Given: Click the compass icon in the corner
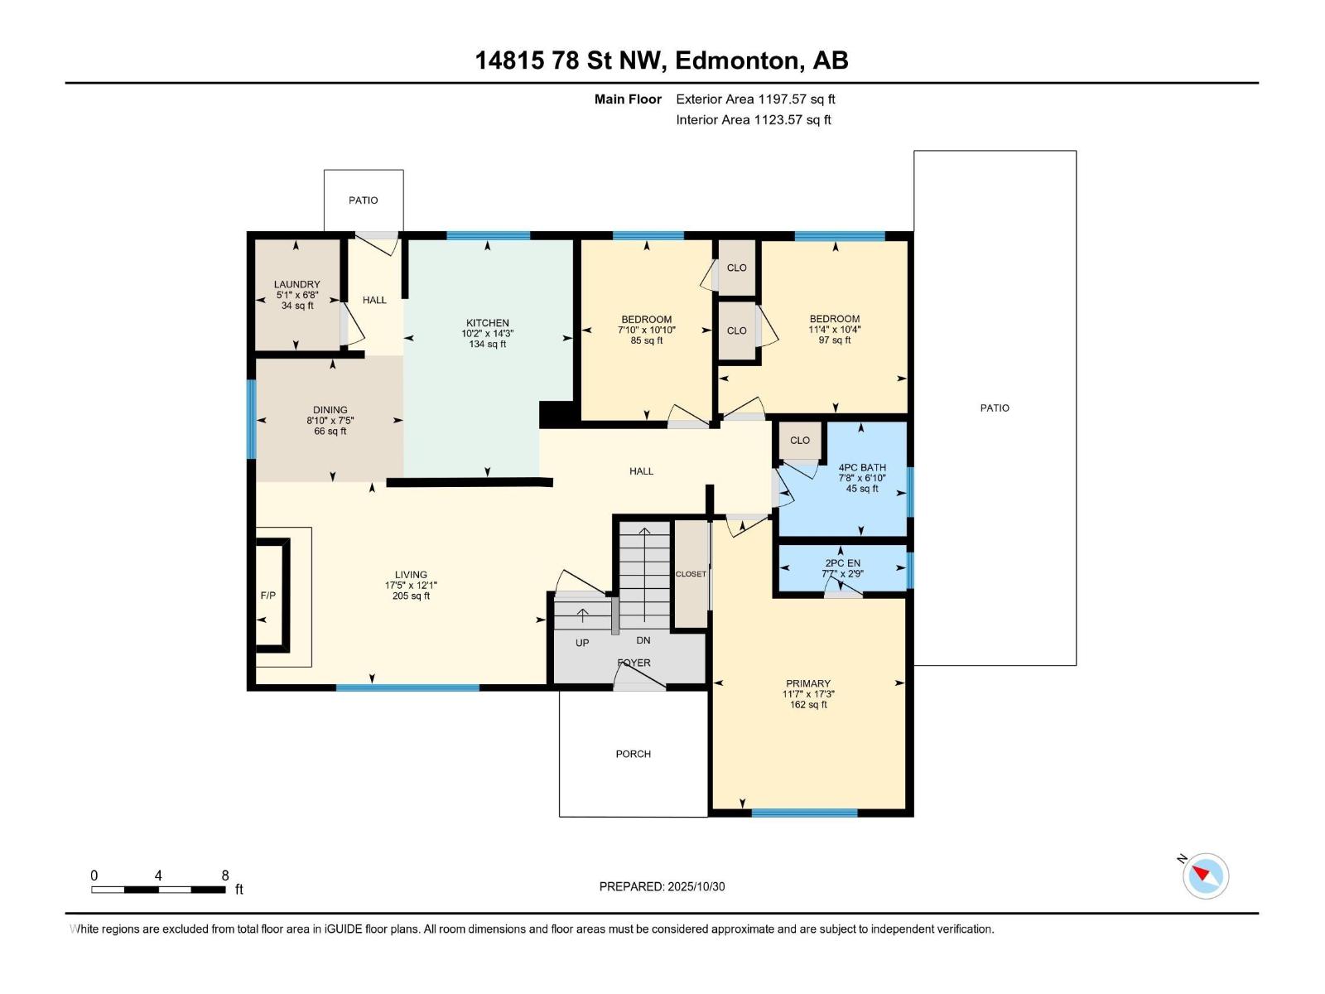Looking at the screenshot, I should [x=1205, y=876].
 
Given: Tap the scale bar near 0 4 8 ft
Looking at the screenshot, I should [x=158, y=890].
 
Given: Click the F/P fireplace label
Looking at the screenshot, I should [x=268, y=596].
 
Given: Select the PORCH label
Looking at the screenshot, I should [x=633, y=754].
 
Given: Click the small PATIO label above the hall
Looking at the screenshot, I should [x=363, y=200].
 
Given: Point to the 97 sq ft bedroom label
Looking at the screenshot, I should [x=834, y=329].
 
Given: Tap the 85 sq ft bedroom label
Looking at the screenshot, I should [x=646, y=330].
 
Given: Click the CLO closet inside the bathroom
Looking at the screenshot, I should [x=799, y=441].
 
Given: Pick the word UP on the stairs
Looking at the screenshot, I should [x=582, y=643].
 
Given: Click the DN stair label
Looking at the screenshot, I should [x=643, y=640].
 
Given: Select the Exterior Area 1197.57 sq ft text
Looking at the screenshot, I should [x=754, y=99].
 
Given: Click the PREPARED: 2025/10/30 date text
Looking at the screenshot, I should [x=662, y=886].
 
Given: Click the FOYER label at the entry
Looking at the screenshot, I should [x=634, y=663].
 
